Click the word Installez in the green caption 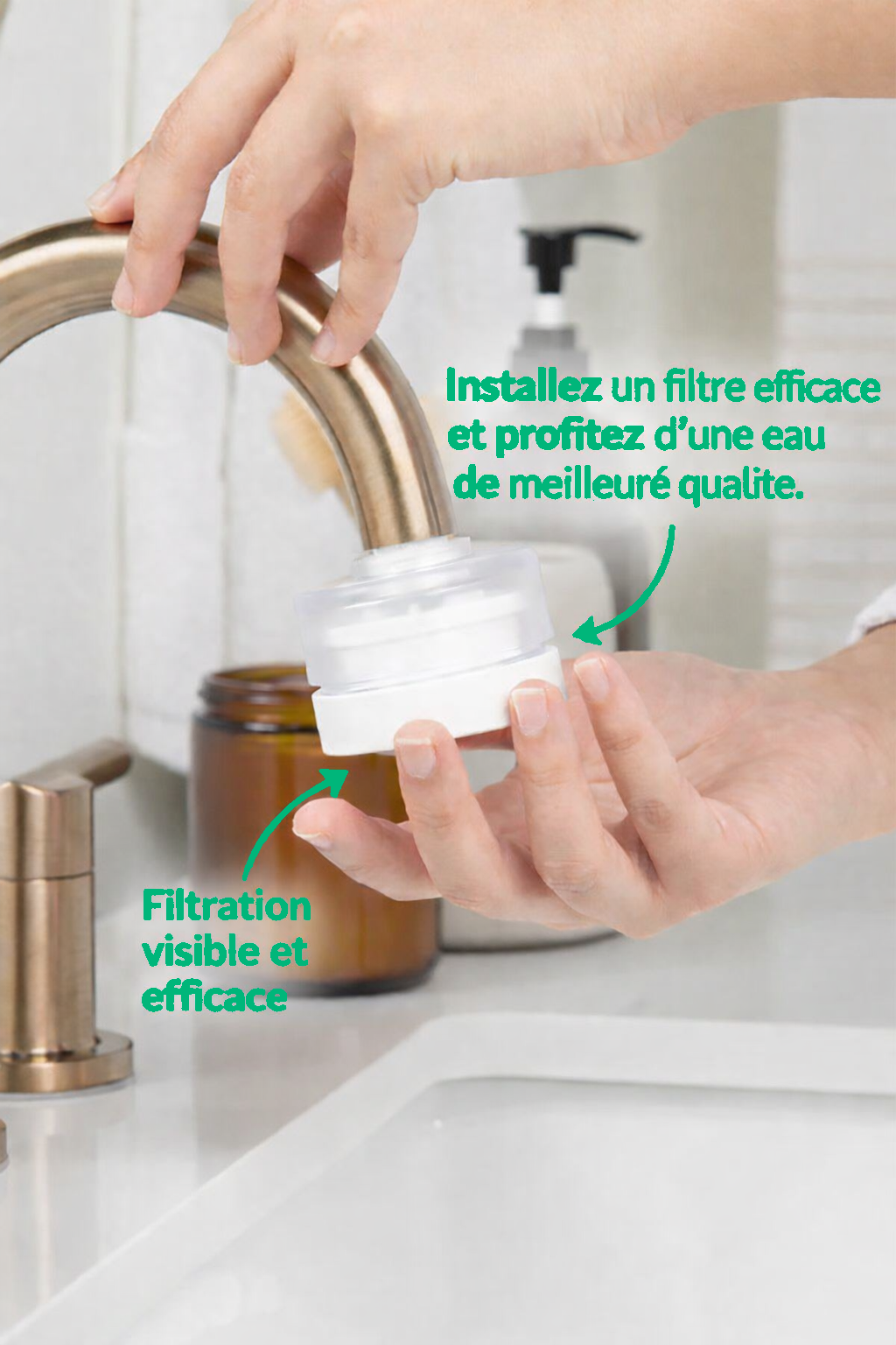(523, 387)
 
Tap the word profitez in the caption (570, 438)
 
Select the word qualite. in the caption (741, 486)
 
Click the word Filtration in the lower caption (227, 906)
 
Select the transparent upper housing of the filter (425, 612)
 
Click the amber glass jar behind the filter (312, 834)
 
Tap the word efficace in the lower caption (214, 998)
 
